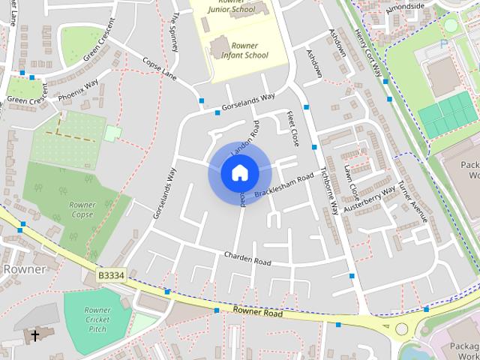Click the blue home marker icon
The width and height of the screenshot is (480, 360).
click(x=239, y=173)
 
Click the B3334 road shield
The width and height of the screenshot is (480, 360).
click(x=111, y=276)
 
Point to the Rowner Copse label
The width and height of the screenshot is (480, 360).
click(x=82, y=209)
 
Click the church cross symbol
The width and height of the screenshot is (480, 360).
click(x=34, y=335)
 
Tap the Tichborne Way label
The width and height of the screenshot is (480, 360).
click(x=329, y=190)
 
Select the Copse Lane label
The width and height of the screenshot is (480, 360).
click(x=159, y=69)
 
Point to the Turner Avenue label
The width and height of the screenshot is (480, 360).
click(x=412, y=201)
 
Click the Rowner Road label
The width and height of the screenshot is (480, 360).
click(x=257, y=312)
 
